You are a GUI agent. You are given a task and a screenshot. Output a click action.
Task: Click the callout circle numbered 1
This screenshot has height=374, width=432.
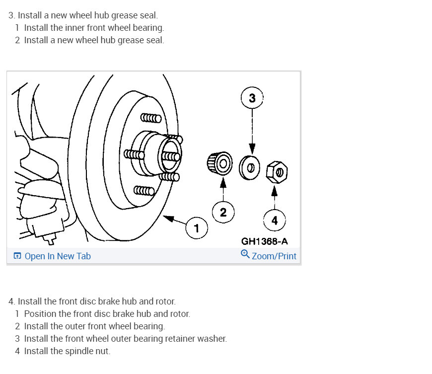pyautogui.click(x=196, y=228)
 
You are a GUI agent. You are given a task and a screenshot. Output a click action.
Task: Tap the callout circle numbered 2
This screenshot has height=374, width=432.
pyautogui.click(x=223, y=213)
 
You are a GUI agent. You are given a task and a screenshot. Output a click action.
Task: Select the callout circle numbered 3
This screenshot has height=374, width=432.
pyautogui.click(x=252, y=98)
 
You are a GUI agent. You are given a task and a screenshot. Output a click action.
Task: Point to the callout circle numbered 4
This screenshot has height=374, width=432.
pyautogui.click(x=275, y=220)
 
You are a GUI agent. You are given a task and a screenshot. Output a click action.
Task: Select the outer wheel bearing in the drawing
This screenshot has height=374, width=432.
pyautogui.click(x=219, y=163)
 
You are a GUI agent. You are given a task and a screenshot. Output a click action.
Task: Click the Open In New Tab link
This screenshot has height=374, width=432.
pyautogui.click(x=58, y=256)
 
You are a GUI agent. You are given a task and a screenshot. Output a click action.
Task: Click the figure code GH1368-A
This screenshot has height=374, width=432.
pyautogui.click(x=264, y=241)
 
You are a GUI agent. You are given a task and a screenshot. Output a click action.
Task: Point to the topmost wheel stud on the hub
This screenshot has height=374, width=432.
pyautogui.click(x=151, y=118)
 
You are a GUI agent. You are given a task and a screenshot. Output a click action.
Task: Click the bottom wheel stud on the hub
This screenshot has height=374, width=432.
pyautogui.click(x=144, y=190)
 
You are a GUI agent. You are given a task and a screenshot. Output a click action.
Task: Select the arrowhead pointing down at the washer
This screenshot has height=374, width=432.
pyautogui.click(x=252, y=149)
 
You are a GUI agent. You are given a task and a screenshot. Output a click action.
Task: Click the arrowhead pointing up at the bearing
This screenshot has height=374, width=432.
pyautogui.click(x=223, y=182)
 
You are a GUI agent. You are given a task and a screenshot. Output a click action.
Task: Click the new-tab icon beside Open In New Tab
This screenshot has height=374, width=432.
pyautogui.click(x=17, y=256)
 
